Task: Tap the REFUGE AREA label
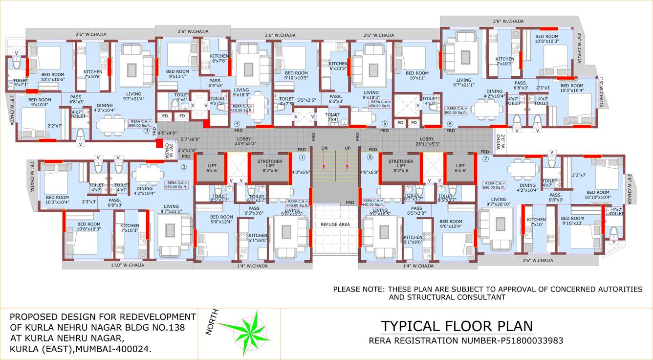click(x=335, y=224)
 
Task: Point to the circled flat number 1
click(x=302, y=157)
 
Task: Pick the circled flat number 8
click(x=370, y=157)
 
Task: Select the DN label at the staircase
click(x=324, y=148)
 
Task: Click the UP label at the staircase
click(x=348, y=148)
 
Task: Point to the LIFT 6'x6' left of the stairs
click(x=212, y=168)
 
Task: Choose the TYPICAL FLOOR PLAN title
click(x=457, y=326)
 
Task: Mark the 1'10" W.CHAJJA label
click(x=127, y=265)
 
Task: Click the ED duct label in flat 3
click(x=165, y=116)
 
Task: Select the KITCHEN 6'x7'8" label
click(x=218, y=59)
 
